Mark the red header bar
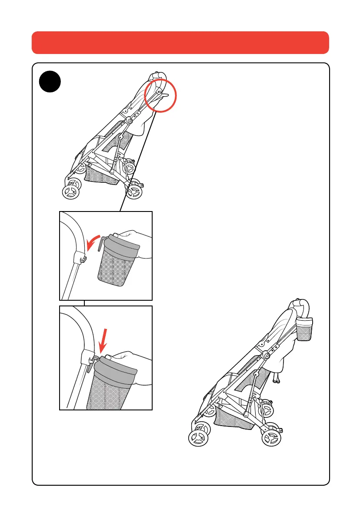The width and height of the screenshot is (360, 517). (180, 42)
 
